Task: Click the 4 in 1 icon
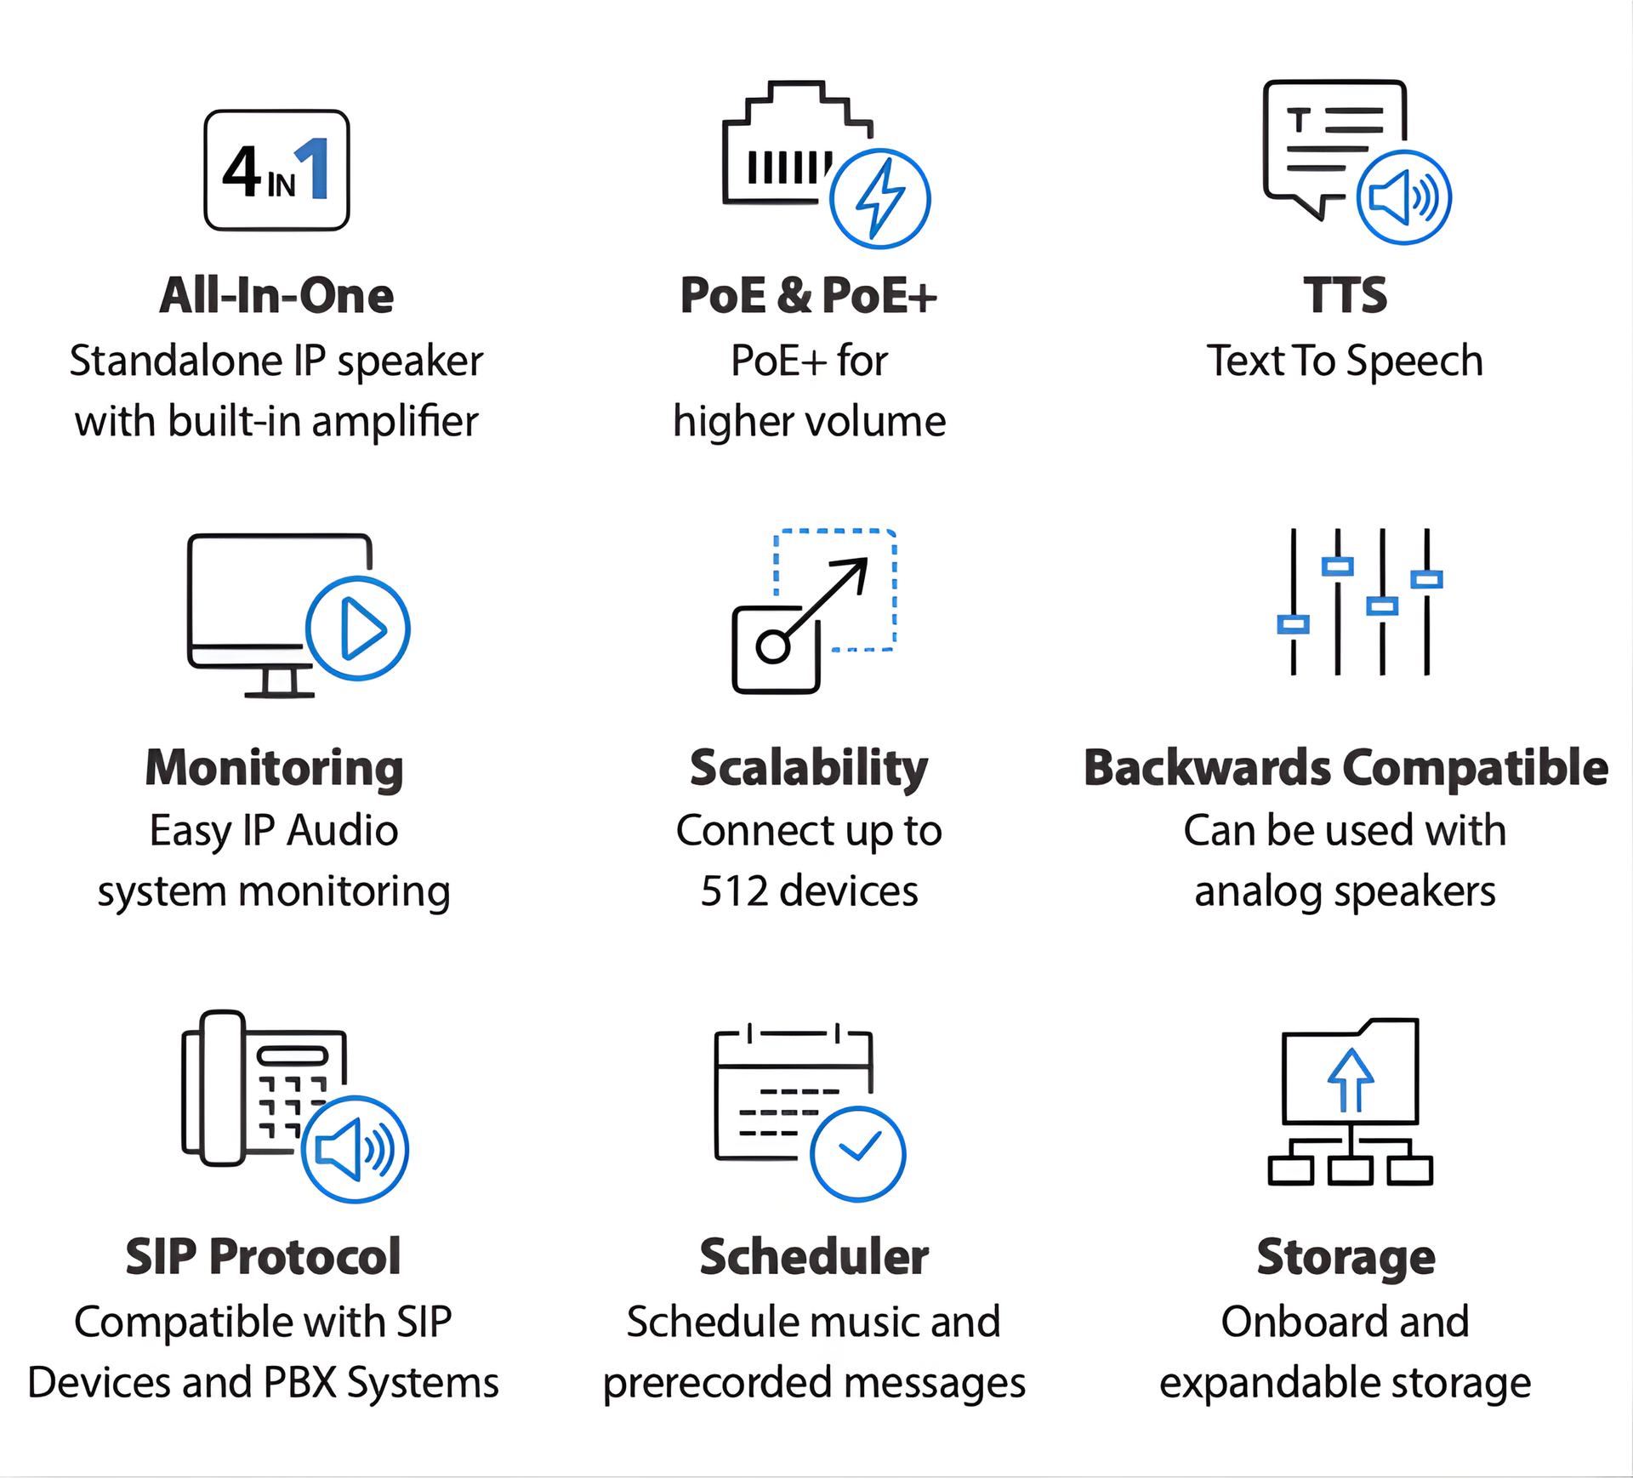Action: click(276, 170)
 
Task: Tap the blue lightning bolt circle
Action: click(879, 199)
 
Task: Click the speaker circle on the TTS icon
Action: click(1403, 197)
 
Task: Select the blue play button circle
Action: click(358, 629)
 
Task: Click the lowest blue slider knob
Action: click(1293, 625)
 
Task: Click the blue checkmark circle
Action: click(857, 1153)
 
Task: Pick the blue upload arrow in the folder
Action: click(1350, 1079)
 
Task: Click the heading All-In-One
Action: click(276, 296)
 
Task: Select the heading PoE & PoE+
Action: click(808, 296)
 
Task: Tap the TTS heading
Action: click(1345, 296)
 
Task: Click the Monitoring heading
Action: click(274, 768)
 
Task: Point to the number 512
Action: click(734, 891)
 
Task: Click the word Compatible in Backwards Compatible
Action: click(1476, 768)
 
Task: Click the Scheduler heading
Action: click(814, 1257)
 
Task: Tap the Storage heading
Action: click(1346, 1257)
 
